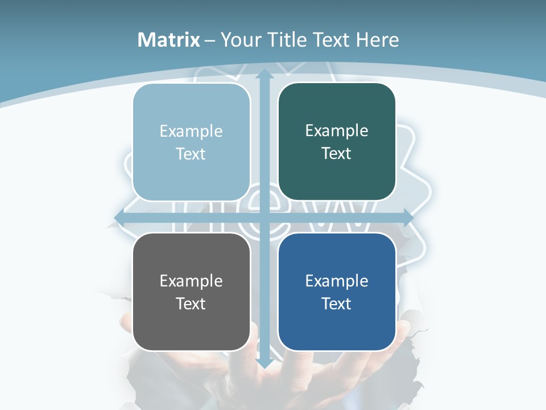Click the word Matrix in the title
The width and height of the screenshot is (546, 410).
point(169,40)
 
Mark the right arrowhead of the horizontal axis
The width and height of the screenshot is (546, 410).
point(408,218)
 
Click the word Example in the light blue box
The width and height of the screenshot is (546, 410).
point(191,132)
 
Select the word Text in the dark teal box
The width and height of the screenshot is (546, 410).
point(337,154)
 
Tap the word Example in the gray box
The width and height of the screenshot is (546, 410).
point(191,281)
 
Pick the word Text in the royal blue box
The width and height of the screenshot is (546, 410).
point(337,304)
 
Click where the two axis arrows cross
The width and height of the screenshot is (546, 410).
point(264,218)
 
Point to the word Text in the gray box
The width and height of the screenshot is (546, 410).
point(191,304)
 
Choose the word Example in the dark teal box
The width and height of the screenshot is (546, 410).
point(337,131)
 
